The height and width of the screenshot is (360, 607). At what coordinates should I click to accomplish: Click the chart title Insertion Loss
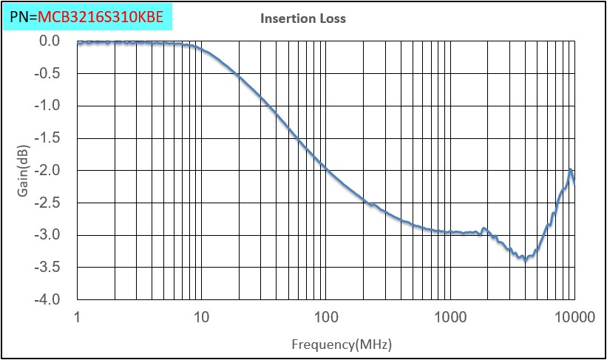[x=302, y=18]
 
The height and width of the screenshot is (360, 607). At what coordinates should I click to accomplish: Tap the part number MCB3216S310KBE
[x=101, y=15]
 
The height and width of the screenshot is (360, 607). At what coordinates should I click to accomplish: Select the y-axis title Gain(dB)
[x=24, y=171]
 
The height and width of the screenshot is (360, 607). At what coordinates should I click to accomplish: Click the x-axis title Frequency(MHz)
[x=341, y=344]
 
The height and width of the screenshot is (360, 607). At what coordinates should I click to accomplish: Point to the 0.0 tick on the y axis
[x=50, y=41]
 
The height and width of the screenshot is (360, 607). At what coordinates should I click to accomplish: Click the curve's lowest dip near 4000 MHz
[x=525, y=259]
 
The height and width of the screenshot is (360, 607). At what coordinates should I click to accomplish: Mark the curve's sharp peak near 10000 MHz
[x=571, y=170]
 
